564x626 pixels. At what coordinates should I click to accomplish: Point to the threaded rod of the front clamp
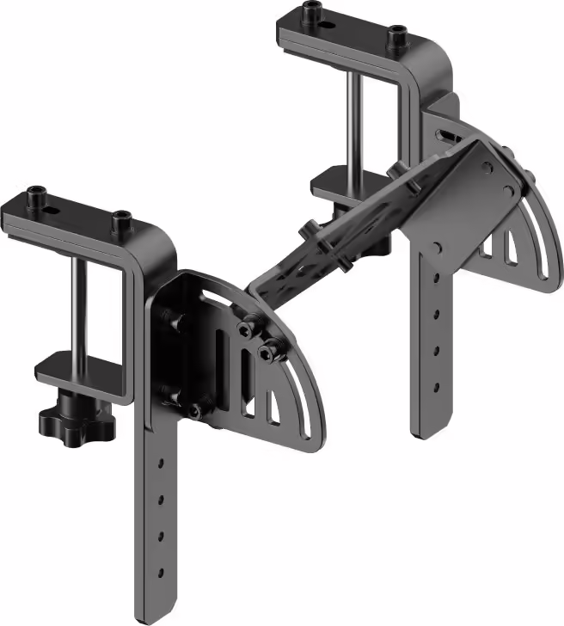click(78, 305)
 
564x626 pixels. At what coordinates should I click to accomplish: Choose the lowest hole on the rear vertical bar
click(437, 383)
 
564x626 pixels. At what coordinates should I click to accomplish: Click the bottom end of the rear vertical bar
click(430, 430)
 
